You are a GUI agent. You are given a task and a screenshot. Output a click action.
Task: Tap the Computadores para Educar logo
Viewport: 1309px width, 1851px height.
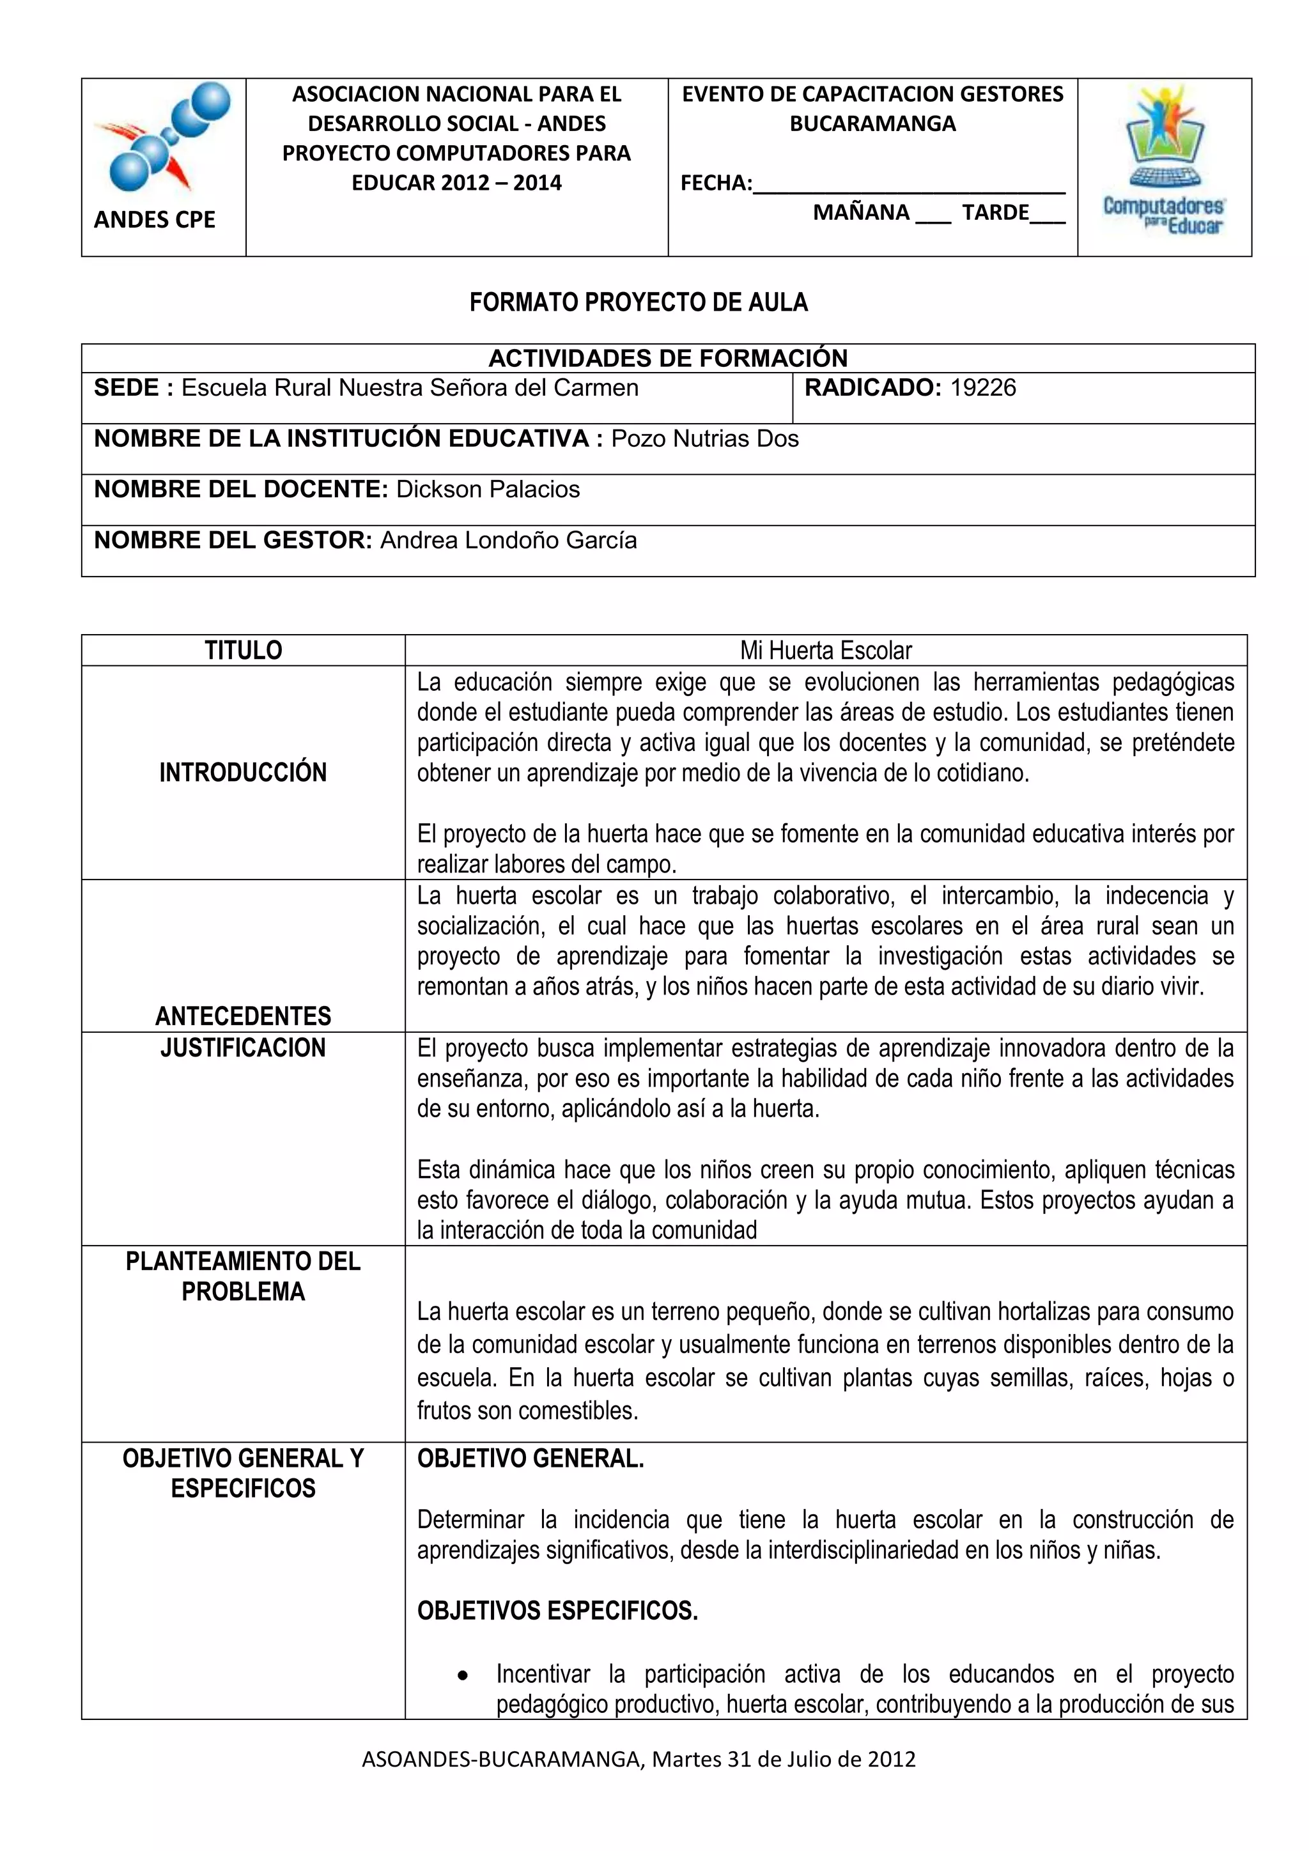click(x=1164, y=161)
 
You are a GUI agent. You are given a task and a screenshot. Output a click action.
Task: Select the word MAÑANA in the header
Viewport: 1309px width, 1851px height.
click(x=861, y=213)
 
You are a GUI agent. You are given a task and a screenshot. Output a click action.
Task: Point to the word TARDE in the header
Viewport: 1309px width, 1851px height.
click(x=995, y=213)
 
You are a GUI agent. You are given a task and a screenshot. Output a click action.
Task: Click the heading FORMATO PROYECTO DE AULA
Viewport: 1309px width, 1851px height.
click(x=639, y=302)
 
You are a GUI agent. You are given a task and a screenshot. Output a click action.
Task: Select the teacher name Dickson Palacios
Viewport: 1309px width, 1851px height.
click(x=488, y=490)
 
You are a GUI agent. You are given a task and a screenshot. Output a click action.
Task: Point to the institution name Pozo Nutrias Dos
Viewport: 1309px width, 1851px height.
click(x=704, y=438)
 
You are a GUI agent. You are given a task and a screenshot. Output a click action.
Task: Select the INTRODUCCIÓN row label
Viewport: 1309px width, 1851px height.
click(x=243, y=772)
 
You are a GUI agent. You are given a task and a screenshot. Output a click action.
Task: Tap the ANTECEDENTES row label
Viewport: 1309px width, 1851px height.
click(x=243, y=1016)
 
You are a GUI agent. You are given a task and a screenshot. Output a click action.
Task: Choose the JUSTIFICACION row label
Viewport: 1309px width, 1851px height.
click(x=243, y=1048)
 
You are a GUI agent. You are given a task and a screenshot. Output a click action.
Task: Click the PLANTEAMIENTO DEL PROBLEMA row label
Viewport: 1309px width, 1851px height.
click(x=243, y=1276)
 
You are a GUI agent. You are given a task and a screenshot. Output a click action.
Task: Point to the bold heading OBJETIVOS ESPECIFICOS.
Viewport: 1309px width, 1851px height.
click(x=557, y=1611)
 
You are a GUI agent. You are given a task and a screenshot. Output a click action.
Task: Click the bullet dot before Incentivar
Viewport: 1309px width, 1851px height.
click(x=463, y=1675)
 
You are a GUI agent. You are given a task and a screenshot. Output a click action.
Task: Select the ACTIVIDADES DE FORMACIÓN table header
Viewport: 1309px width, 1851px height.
click(x=667, y=358)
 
